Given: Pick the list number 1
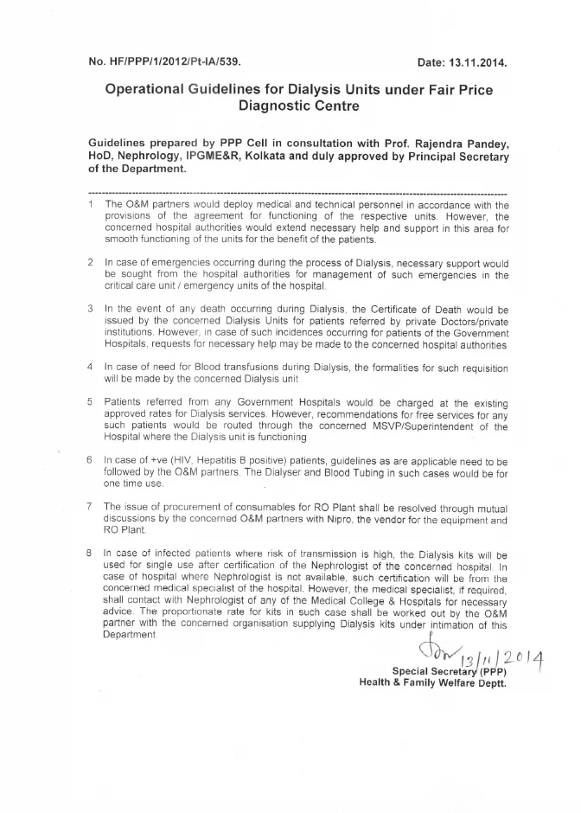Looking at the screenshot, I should tap(91, 204).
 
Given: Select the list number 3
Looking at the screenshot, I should tap(91, 307).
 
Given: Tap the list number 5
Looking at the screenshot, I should tap(91, 402).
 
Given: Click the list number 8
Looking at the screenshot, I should tap(91, 551).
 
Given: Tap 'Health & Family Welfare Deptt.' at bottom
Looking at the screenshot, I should tap(432, 682).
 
